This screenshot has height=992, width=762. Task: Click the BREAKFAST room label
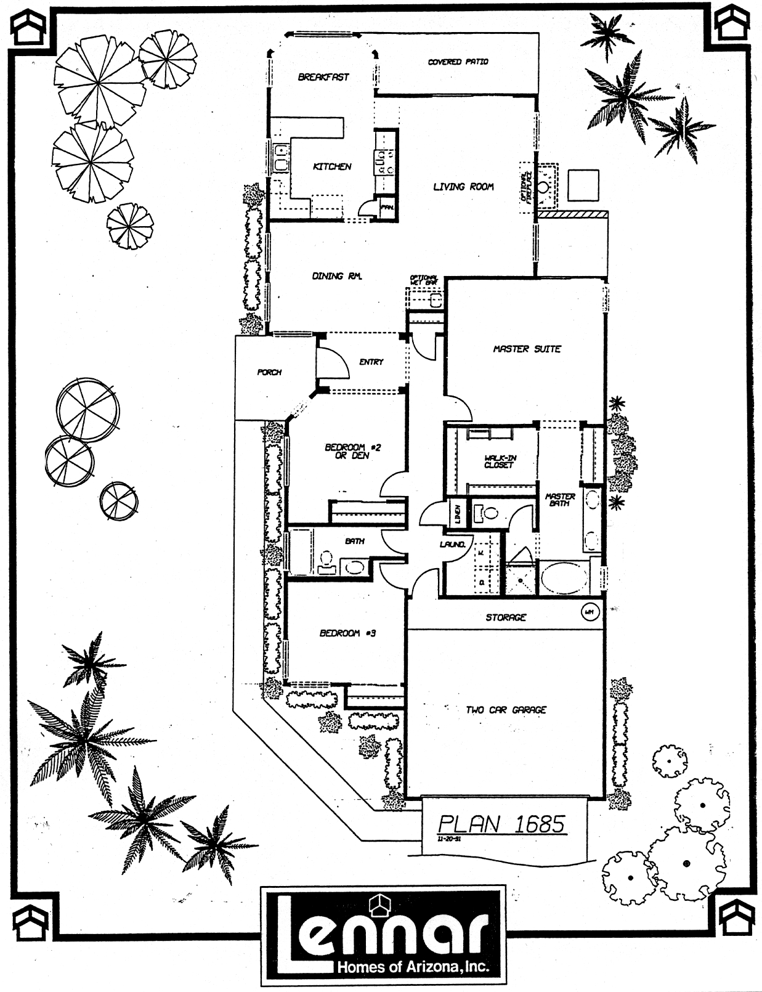tap(323, 77)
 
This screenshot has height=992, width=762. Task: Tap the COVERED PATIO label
tap(458, 62)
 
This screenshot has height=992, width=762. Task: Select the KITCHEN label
tap(332, 166)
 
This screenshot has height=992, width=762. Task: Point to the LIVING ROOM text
tap(463, 186)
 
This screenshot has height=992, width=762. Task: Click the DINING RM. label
tap(336, 276)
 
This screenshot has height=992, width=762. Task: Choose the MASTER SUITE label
tap(527, 349)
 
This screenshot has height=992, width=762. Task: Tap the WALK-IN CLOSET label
tap(499, 461)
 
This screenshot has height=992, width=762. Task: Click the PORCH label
tap(269, 372)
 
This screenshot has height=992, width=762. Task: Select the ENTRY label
tap(371, 362)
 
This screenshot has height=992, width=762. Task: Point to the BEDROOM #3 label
tap(347, 633)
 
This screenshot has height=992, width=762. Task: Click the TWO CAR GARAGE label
tap(506, 710)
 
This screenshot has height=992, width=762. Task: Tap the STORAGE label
tap(506, 617)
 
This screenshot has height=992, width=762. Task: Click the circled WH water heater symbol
tap(589, 612)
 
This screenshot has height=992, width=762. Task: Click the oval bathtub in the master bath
tap(564, 577)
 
